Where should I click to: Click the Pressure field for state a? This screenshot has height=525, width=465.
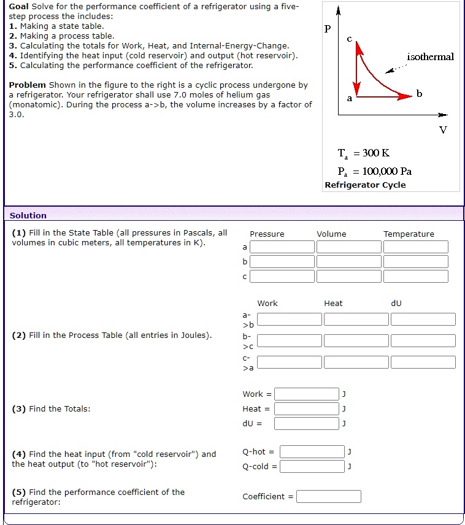pos(282,247)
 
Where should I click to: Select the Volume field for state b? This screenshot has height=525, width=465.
pos(348,262)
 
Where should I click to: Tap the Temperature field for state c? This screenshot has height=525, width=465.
pos(415,277)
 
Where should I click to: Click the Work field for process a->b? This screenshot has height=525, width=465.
pos(289,320)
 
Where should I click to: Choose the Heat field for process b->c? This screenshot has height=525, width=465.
pos(356,341)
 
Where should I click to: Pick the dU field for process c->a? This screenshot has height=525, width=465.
pos(423,362)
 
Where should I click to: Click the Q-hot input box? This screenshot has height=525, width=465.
pos(312,452)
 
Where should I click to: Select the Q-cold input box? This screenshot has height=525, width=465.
pos(312,467)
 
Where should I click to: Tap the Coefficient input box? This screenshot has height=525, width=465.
pos(328,497)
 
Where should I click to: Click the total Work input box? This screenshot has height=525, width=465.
pos(306,394)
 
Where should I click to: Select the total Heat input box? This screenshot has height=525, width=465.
pos(306,409)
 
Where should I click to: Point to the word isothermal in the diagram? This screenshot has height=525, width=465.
pos(430,57)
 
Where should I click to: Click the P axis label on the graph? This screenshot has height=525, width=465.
pos(327,29)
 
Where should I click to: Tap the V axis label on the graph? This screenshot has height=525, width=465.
pos(443,129)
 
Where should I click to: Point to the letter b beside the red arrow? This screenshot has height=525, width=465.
pos(420,94)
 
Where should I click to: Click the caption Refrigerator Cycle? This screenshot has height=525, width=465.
pos(365,185)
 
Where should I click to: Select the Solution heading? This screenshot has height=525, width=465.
pos(28,215)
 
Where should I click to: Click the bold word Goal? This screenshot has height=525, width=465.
pos(18,6)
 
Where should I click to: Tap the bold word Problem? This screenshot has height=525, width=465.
pos(28,85)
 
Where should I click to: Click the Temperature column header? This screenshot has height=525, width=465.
pos(409,234)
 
